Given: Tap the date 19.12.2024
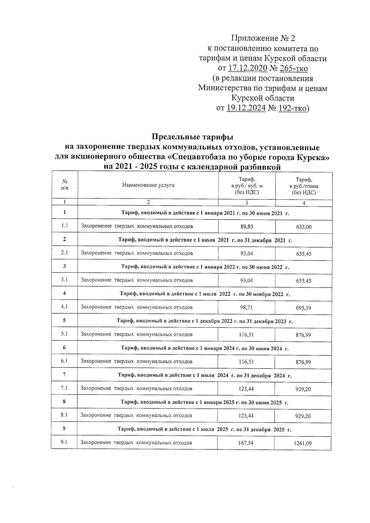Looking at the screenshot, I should click(x=246, y=108).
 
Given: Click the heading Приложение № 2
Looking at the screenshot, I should click(x=263, y=39).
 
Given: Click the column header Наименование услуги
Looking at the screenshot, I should click(x=148, y=185).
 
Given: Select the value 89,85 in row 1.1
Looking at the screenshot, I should click(x=247, y=227).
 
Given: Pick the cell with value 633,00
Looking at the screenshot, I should click(x=304, y=227).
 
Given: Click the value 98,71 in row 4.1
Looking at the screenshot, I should click(x=246, y=307).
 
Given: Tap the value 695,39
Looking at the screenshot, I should click(x=303, y=308).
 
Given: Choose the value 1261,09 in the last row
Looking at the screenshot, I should click(x=302, y=443).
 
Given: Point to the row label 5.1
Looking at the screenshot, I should click(x=64, y=334).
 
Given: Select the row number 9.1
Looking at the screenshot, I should click(x=64, y=442).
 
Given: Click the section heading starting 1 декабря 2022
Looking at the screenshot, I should click(x=205, y=321).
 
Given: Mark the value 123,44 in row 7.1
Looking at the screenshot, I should click(x=246, y=389).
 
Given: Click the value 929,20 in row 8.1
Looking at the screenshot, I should click(x=303, y=416).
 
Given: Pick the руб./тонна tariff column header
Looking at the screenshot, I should click(x=304, y=186).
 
